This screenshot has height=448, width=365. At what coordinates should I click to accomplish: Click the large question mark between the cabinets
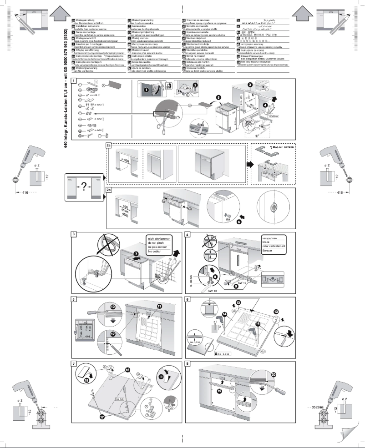coord(83,188)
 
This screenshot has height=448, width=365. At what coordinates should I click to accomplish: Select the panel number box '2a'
coord(109,145)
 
